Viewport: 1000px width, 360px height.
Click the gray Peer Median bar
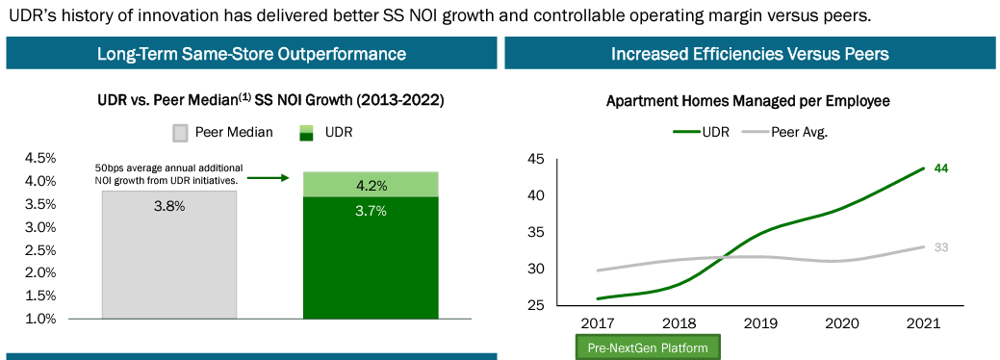point(168,255)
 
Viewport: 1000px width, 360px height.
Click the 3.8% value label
point(168,206)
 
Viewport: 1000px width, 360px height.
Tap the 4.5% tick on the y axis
point(39,158)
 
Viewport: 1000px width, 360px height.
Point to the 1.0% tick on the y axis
point(39,318)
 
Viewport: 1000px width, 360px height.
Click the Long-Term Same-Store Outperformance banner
point(251,54)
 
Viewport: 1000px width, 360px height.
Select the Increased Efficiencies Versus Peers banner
point(750,54)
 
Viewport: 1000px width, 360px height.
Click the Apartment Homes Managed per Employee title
point(748,100)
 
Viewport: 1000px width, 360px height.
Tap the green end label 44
point(942,168)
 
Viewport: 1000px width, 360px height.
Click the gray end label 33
point(941,247)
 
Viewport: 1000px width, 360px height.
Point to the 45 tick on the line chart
point(536,159)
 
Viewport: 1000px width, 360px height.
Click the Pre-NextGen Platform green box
point(647,347)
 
